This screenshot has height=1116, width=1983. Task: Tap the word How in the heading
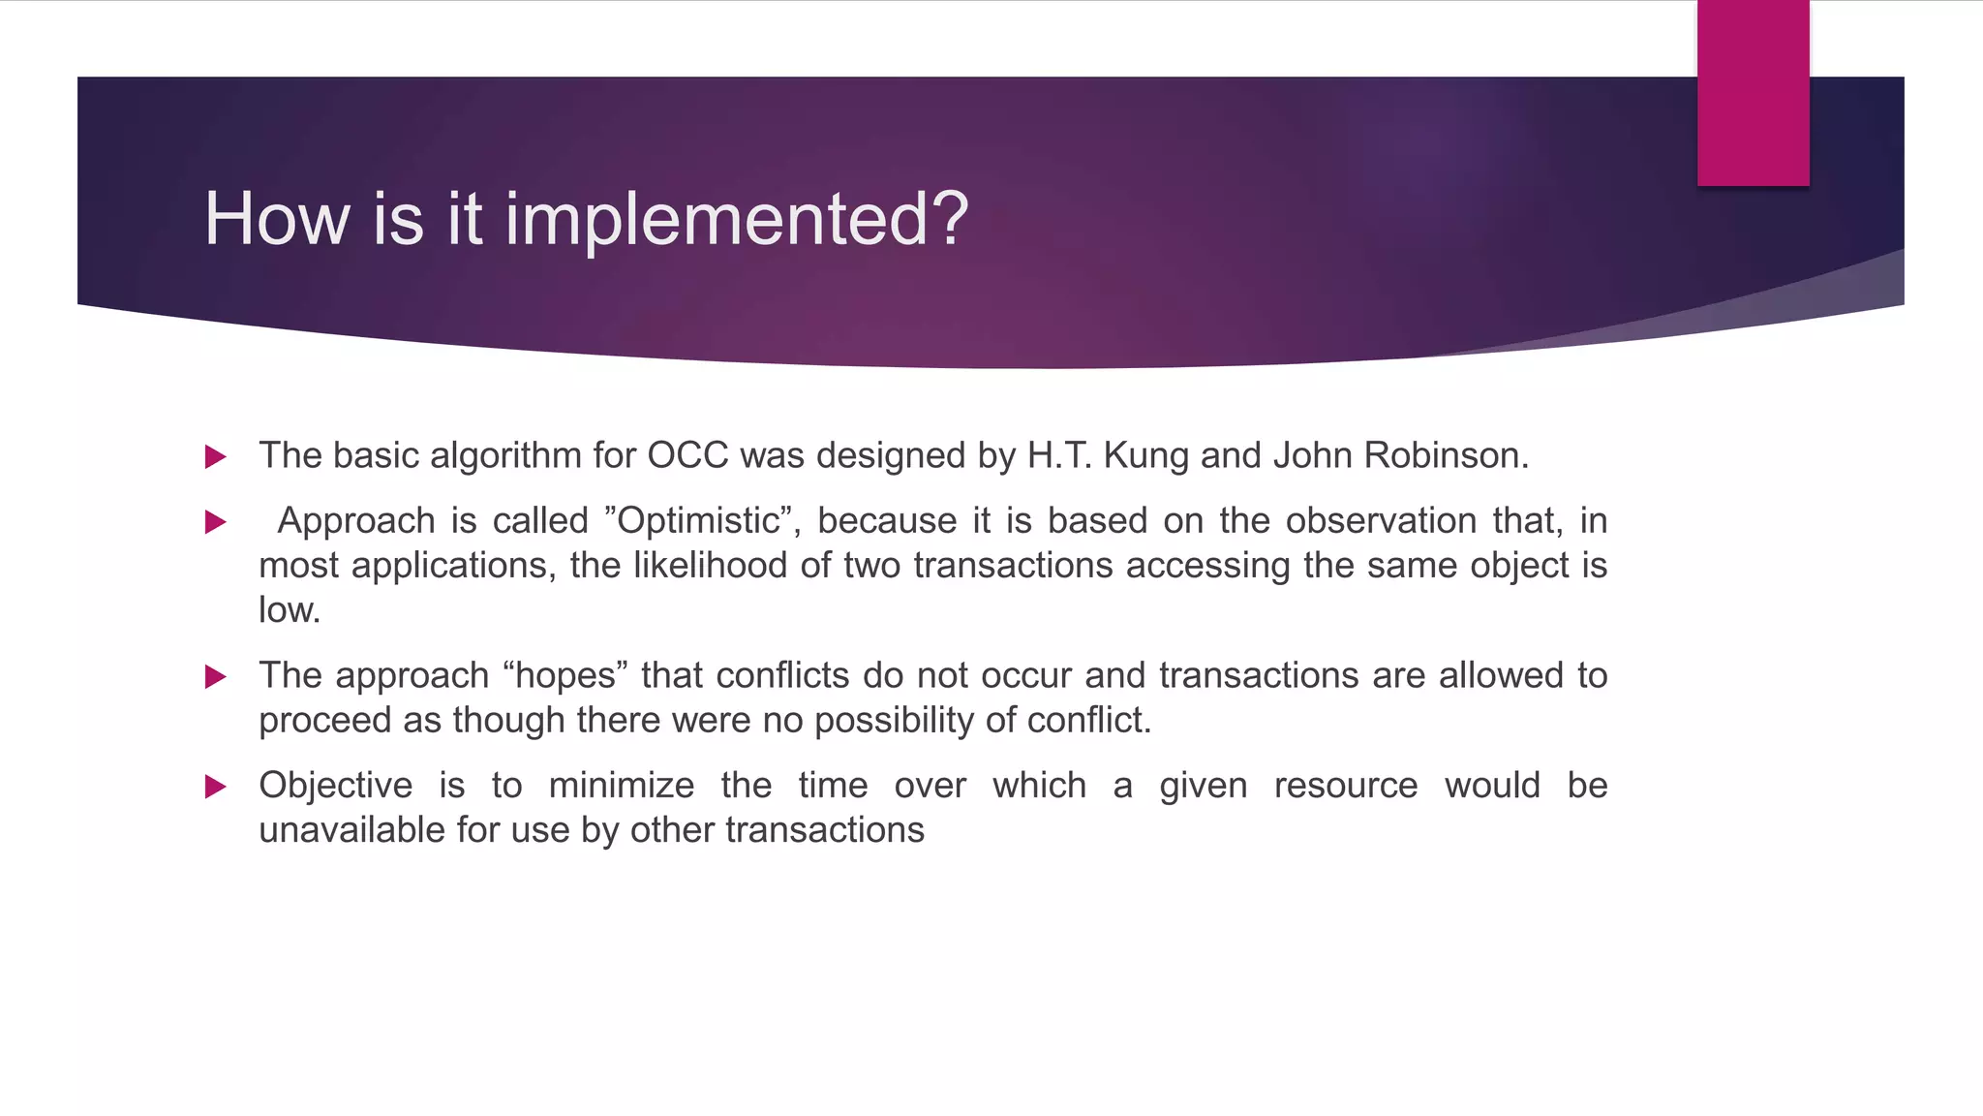tap(276, 219)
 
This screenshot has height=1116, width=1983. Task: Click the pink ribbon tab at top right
tap(1753, 92)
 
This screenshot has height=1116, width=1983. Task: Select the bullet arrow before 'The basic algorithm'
tap(216, 456)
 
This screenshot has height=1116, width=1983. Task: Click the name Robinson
tap(1446, 455)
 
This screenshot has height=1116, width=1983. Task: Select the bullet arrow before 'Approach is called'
tap(216, 522)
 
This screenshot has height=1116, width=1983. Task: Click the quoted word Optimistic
tap(699, 521)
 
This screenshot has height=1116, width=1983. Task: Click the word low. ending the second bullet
tap(289, 610)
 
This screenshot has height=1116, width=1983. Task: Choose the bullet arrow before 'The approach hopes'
tap(216, 676)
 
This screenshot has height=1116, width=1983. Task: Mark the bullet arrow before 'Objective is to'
tap(216, 787)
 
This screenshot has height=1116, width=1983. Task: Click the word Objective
tap(335, 786)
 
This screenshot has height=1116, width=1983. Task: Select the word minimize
tap(621, 786)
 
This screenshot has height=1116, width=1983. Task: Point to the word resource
tap(1345, 786)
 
